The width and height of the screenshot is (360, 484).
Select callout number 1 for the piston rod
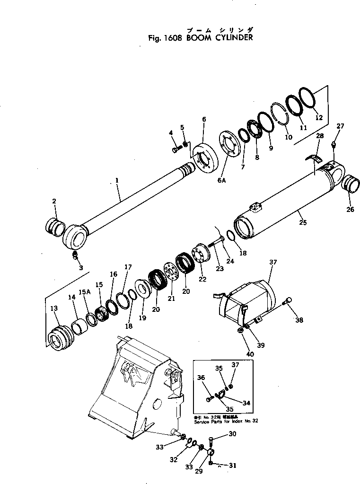(x=117, y=181)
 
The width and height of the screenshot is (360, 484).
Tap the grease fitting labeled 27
(x=334, y=144)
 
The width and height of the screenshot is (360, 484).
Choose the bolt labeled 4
(x=176, y=150)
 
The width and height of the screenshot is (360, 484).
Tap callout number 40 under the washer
(x=250, y=354)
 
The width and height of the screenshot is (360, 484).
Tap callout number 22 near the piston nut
(x=202, y=280)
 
